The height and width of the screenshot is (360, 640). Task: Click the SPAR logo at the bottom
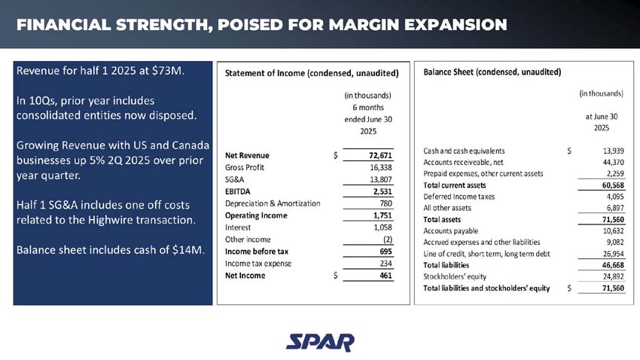(320, 342)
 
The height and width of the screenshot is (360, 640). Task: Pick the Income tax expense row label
(258, 264)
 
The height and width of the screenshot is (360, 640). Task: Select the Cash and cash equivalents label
(465, 151)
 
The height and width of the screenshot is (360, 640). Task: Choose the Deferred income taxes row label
(459, 197)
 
